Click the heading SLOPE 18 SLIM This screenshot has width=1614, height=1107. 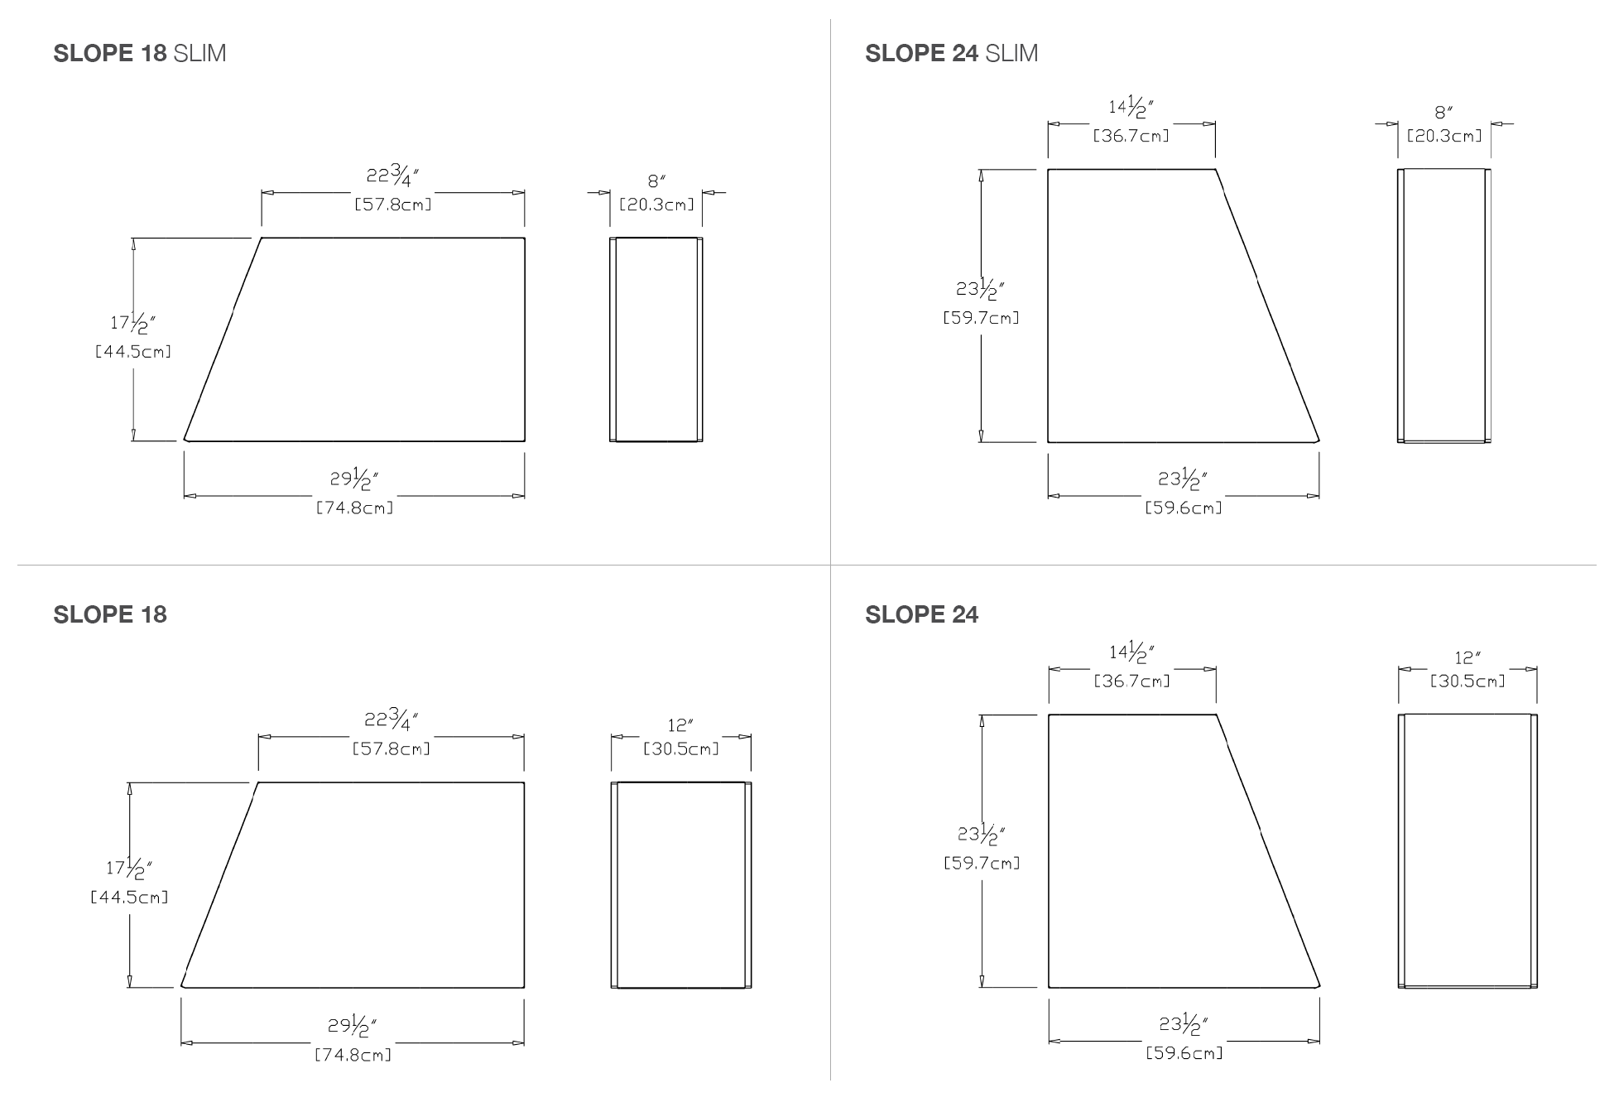tap(140, 54)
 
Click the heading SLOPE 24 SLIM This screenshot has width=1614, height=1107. tap(951, 54)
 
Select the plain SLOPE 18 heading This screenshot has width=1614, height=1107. tap(110, 614)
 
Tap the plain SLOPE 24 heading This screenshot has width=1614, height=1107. tap(921, 614)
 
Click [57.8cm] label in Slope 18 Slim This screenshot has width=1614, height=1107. tap(393, 204)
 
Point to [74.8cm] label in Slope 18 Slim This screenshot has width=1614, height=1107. tap(354, 508)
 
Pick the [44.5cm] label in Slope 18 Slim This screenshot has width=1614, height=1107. tap(133, 351)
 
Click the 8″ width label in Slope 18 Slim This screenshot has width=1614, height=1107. tap(657, 180)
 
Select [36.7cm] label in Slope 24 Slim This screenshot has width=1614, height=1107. tap(1131, 136)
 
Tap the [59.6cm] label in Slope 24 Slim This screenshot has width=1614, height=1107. tap(1184, 508)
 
